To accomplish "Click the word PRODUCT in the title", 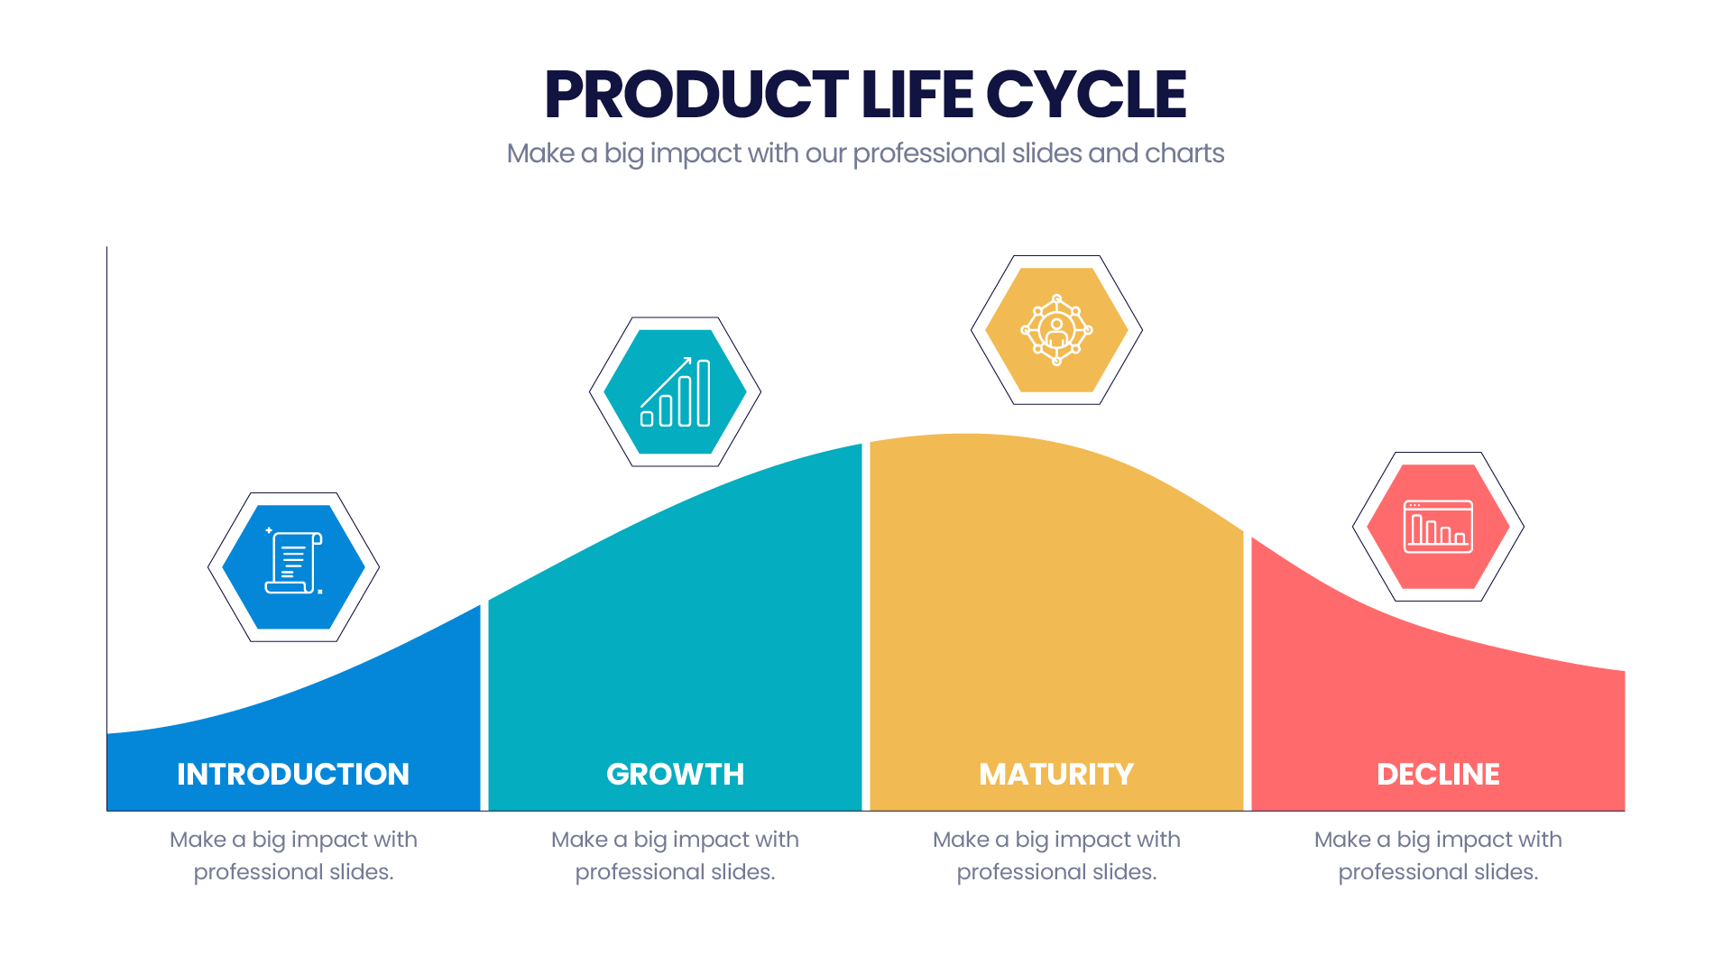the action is (696, 95).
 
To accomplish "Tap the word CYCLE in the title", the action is (1086, 95).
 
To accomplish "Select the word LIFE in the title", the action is (917, 95).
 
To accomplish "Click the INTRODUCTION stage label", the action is (293, 774).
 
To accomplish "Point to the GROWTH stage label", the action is (676, 774).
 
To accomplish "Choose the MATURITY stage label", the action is (1056, 774).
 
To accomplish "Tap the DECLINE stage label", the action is (1438, 774).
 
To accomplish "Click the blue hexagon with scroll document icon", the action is (293, 567).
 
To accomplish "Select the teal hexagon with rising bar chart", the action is (675, 391).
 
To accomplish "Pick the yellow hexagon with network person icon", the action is (1056, 330).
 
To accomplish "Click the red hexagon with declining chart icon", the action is (1438, 527).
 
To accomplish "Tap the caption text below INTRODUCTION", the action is (293, 856).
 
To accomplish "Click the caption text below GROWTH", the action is (676, 856).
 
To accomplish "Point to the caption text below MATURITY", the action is (1056, 856).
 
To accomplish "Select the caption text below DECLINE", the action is (1438, 856).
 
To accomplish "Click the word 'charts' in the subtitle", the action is (1184, 153).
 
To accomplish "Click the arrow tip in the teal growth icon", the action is (690, 358).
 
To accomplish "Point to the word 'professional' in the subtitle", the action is (928, 154).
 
